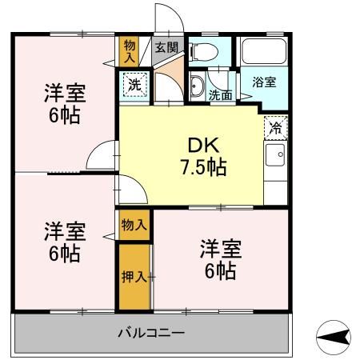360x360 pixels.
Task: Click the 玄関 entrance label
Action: [x=166, y=47]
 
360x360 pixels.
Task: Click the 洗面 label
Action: [x=221, y=95]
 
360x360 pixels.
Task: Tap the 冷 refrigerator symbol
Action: [x=276, y=126]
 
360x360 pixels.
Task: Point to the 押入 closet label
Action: [x=134, y=276]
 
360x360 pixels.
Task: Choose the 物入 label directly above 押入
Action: [x=134, y=225]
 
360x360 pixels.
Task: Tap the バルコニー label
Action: [x=151, y=331]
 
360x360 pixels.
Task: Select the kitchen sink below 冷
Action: [x=276, y=153]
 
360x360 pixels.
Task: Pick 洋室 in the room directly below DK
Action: [x=219, y=249]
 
